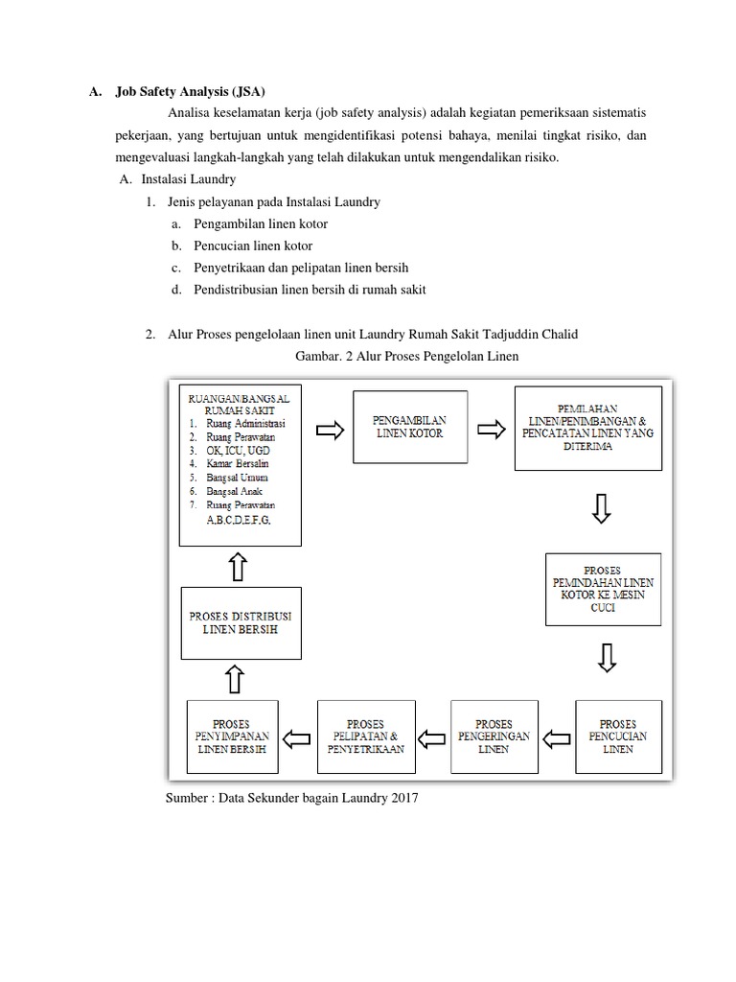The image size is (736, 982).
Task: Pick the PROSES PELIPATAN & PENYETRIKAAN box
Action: pos(364,736)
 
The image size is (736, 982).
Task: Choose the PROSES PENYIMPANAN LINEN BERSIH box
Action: pos(232,736)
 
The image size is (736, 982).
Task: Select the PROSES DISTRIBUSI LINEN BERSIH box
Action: pos(240,622)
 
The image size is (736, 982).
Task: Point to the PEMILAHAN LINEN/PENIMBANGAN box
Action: pos(587,428)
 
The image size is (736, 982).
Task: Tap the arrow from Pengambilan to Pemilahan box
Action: pos(491,431)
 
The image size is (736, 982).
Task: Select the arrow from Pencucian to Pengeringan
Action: pos(556,737)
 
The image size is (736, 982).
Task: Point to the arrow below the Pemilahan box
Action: pos(602,509)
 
